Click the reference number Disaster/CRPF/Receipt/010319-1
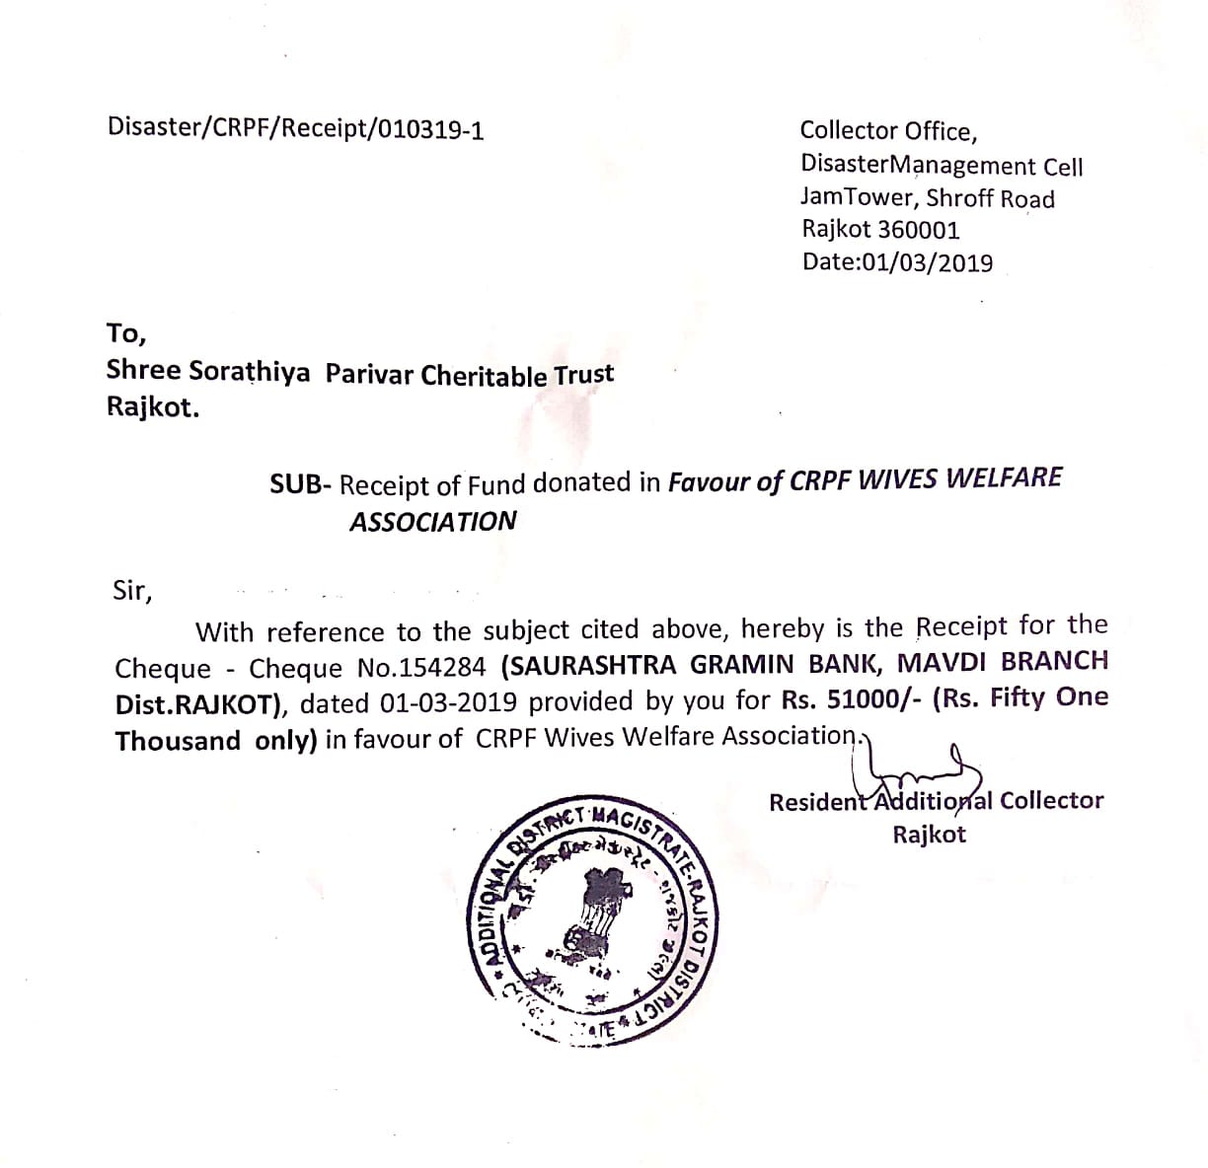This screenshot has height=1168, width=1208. [295, 129]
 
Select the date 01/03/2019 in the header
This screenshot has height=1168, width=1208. [928, 263]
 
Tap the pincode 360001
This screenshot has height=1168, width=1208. [919, 231]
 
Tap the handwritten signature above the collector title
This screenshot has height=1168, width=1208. [923, 766]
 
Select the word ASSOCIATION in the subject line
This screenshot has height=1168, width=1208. [432, 521]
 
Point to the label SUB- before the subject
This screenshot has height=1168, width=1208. [303, 484]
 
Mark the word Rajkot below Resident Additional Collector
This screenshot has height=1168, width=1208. [929, 835]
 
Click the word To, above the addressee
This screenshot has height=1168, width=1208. [125, 333]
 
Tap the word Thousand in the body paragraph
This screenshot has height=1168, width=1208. [178, 741]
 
